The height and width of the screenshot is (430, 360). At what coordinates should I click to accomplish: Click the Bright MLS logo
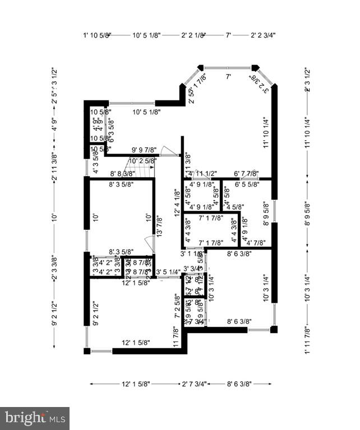(x=35, y=418)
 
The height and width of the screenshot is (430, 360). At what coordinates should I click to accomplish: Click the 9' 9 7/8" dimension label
(x=144, y=150)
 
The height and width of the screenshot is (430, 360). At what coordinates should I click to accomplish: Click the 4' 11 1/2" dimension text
(x=204, y=173)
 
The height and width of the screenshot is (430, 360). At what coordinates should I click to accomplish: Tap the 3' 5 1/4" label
(x=168, y=272)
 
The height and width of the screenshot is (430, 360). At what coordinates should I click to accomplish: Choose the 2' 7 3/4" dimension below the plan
(x=194, y=384)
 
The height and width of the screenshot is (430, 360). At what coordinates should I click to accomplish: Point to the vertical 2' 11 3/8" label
(x=54, y=168)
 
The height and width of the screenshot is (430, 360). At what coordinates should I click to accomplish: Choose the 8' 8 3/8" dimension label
(x=122, y=174)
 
